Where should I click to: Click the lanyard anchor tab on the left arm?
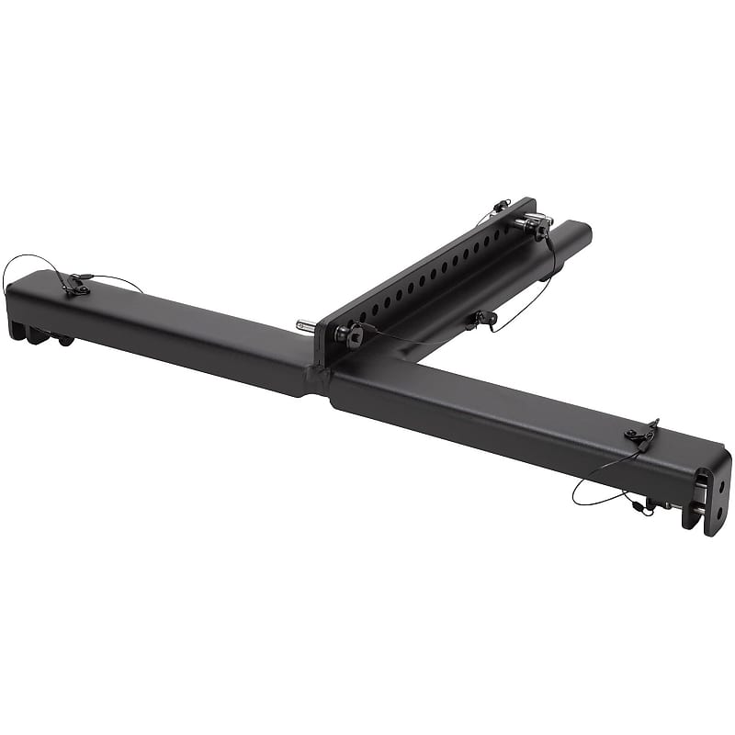77,287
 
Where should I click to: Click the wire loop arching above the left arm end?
28,262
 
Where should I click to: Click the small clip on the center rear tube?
481,319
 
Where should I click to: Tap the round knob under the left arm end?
63,341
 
